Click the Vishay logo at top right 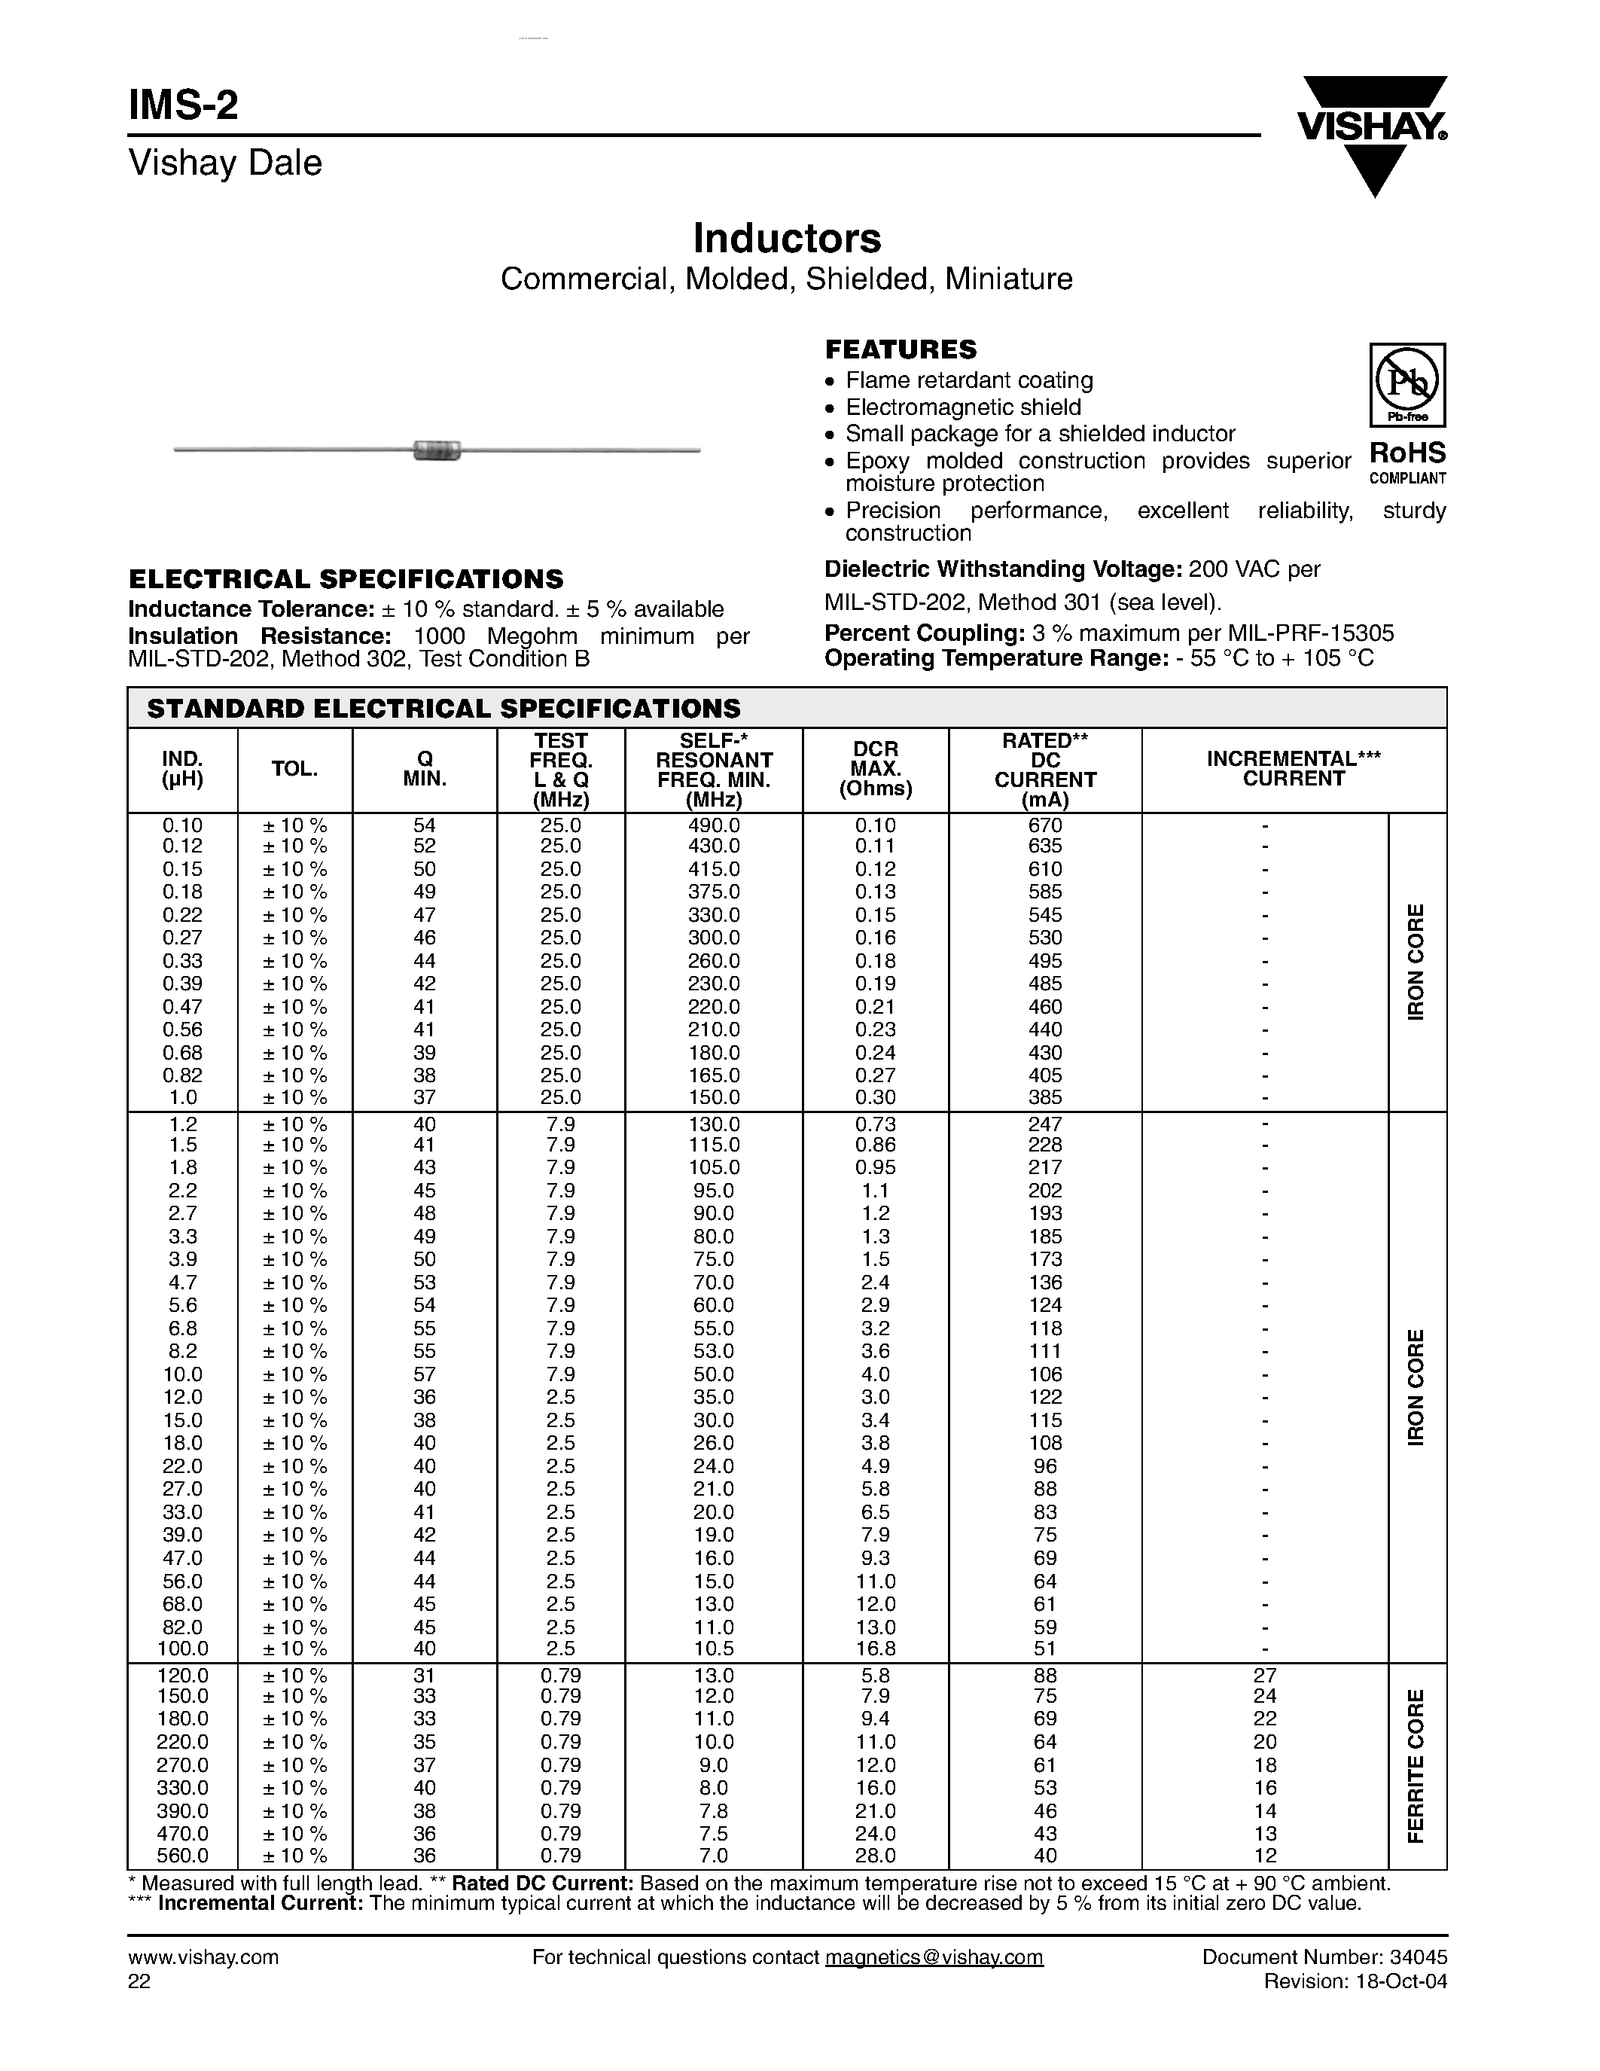(1372, 133)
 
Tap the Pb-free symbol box (1406, 384)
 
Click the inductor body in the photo (437, 450)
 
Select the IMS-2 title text (184, 105)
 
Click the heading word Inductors (787, 238)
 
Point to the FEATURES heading (900, 349)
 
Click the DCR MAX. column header (875, 769)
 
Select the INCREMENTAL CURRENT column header (1293, 769)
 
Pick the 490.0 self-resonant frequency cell (713, 825)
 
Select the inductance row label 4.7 (182, 1282)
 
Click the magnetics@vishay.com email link (934, 1957)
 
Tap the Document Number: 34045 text (1324, 1957)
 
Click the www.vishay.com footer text (203, 1957)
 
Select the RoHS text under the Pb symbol (1407, 453)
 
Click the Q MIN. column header (425, 769)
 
